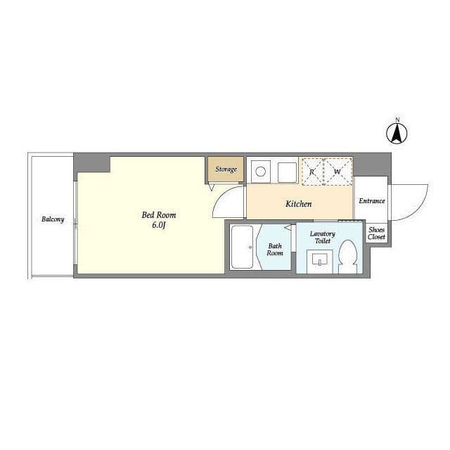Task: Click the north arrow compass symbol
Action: tap(397, 134)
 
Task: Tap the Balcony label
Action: tap(53, 219)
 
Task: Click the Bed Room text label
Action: tap(159, 215)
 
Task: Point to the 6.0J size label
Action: tap(159, 225)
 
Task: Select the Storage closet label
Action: tap(226, 169)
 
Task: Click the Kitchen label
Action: tap(298, 204)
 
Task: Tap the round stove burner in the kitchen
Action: tap(261, 172)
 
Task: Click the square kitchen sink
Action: tap(288, 172)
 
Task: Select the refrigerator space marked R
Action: tap(311, 172)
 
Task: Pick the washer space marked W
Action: tap(337, 172)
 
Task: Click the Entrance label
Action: tap(372, 201)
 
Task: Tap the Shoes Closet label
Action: tap(377, 233)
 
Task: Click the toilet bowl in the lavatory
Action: tap(347, 256)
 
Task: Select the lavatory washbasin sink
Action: tap(320, 261)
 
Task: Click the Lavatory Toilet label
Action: tap(323, 238)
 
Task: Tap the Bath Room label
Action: tap(275, 250)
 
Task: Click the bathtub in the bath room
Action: tap(242, 247)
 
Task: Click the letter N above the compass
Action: tap(397, 120)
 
